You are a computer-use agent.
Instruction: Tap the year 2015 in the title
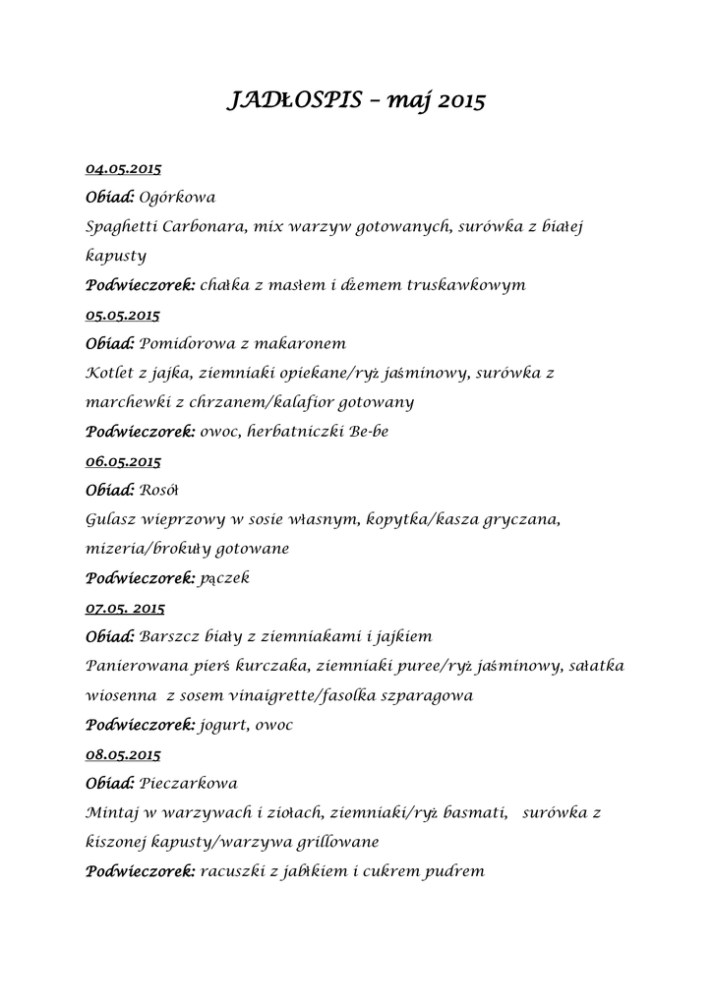coord(458,100)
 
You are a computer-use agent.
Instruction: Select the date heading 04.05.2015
coord(123,168)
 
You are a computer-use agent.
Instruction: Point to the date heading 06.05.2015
coord(123,460)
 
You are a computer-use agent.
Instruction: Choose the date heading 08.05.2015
coord(123,754)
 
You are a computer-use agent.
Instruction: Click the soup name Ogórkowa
coord(178,198)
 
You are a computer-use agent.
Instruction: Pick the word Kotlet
coord(109,373)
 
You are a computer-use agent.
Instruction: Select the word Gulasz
coord(110,518)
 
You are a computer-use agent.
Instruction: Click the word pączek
coord(224,578)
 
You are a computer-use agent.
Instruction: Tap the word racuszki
coord(233,871)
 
